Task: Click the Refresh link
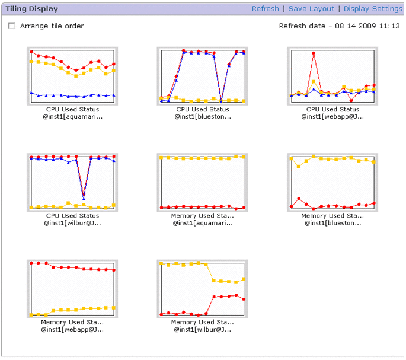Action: pos(265,9)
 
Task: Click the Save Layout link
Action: pos(311,9)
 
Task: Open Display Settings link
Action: pos(373,9)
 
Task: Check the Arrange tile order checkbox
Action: pos(12,26)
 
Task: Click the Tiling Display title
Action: pos(29,9)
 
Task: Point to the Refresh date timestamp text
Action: pos(339,26)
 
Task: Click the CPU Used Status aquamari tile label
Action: pos(72,113)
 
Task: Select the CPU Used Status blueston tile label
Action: pos(202,113)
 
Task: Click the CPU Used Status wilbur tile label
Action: pos(72,219)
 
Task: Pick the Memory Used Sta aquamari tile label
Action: pos(202,219)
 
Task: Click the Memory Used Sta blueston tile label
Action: pos(333,219)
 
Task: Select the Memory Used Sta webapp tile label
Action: pos(72,326)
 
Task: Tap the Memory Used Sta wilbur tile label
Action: pos(202,326)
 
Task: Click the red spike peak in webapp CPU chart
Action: pos(314,53)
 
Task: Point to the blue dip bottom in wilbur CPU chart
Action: pos(84,198)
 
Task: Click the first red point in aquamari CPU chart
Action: pos(31,52)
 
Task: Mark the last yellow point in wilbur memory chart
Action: pos(244,279)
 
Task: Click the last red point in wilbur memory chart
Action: pos(244,299)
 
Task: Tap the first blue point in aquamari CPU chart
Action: pos(31,93)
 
